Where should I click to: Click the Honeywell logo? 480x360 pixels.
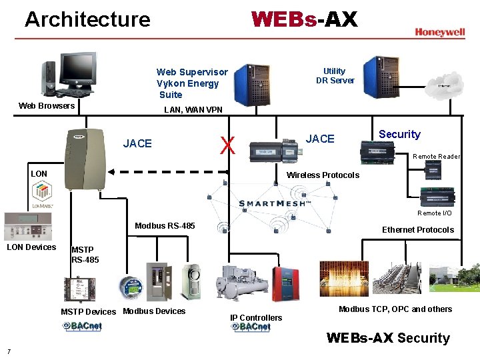click(x=439, y=32)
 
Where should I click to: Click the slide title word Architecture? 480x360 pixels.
click(x=87, y=19)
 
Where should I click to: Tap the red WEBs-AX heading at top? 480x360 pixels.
click(x=304, y=19)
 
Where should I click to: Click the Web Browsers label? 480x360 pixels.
click(x=47, y=105)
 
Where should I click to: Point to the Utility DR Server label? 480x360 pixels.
click(x=335, y=76)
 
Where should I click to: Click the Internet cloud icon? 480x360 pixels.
click(x=443, y=85)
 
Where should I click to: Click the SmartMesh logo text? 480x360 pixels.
click(x=275, y=203)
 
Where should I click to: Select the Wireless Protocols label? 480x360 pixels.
click(x=323, y=175)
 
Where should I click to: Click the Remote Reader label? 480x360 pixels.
click(x=437, y=157)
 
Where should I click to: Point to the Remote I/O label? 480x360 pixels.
click(x=434, y=213)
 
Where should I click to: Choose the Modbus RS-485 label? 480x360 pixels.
click(x=165, y=226)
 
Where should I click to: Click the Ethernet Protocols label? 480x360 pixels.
click(x=417, y=230)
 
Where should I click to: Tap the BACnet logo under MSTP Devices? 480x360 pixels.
click(x=82, y=326)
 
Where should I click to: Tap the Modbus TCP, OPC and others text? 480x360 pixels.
click(x=395, y=309)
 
